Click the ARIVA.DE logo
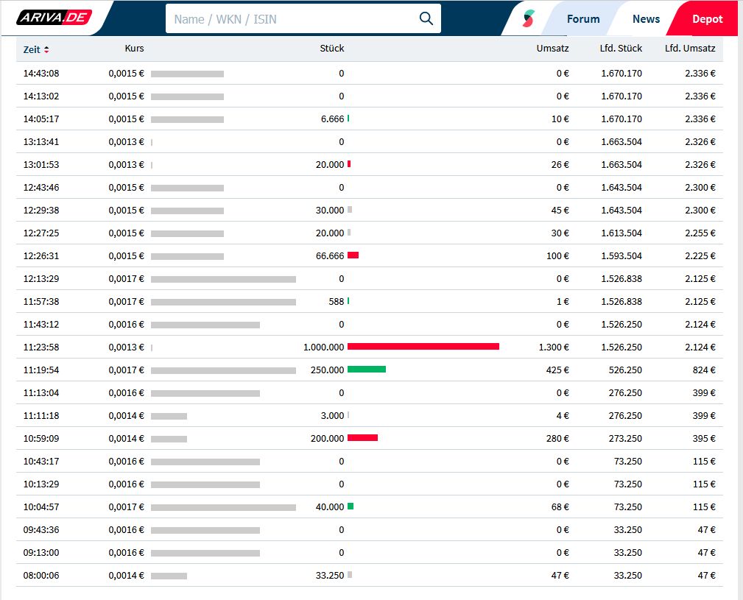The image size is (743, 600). click(x=54, y=18)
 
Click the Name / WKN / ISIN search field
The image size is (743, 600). click(x=291, y=19)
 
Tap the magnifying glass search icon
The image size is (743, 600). click(x=426, y=18)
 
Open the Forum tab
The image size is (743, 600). click(x=582, y=19)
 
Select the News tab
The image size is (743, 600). click(x=646, y=19)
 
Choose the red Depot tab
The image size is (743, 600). click(x=707, y=19)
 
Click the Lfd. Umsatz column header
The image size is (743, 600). click(x=689, y=49)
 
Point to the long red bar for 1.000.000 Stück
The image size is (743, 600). click(x=423, y=347)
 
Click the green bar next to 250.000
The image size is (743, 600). click(x=366, y=370)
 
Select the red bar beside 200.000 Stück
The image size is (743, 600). click(x=362, y=438)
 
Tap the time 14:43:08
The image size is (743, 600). click(x=41, y=74)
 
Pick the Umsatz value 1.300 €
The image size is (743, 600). click(x=554, y=347)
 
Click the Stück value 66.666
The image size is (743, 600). click(x=330, y=256)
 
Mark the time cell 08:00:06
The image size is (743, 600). click(x=41, y=576)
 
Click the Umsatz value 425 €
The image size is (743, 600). click(x=557, y=370)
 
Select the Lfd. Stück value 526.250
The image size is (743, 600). click(x=624, y=370)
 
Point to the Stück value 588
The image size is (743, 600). click(x=337, y=302)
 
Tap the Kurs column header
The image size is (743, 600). click(x=135, y=49)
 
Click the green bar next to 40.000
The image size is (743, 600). click(x=351, y=507)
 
